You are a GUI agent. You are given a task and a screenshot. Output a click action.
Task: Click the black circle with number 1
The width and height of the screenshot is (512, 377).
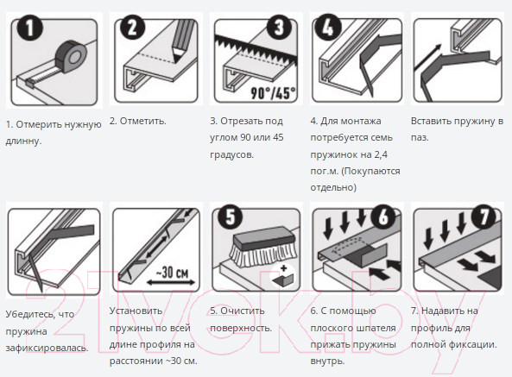click(29, 28)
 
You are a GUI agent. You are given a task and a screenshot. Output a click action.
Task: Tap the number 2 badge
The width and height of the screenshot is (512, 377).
click(132, 28)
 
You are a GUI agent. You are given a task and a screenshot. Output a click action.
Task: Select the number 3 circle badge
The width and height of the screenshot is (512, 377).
click(280, 28)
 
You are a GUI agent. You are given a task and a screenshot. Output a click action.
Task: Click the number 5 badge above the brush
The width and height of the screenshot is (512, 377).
click(231, 217)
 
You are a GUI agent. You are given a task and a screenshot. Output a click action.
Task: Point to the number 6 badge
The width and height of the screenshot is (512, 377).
click(383, 217)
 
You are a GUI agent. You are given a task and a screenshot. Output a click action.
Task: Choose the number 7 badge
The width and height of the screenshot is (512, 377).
click(484, 217)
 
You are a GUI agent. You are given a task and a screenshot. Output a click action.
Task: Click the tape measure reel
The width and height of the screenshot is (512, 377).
click(71, 56)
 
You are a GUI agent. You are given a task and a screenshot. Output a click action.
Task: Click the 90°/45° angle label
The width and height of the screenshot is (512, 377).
click(273, 93)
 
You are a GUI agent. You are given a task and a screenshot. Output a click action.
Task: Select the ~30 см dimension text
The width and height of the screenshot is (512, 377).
click(172, 272)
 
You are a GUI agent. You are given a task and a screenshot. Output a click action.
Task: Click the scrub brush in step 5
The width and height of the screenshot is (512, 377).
click(262, 245)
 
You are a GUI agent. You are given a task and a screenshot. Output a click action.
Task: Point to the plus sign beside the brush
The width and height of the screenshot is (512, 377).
click(283, 268)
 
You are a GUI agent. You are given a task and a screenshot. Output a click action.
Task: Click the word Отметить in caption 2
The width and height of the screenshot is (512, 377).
click(142, 121)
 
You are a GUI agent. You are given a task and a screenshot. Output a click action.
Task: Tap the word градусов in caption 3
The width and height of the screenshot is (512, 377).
click(231, 154)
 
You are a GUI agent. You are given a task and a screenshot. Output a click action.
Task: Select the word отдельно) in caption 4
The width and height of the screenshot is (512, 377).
click(333, 187)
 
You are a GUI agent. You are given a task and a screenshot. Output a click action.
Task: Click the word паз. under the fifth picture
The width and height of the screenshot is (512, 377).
click(420, 137)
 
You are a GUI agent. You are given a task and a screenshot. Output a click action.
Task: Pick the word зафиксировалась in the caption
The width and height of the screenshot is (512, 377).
click(47, 348)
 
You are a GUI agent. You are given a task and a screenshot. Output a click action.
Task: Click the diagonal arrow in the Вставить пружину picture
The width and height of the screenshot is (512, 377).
click(427, 57)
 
